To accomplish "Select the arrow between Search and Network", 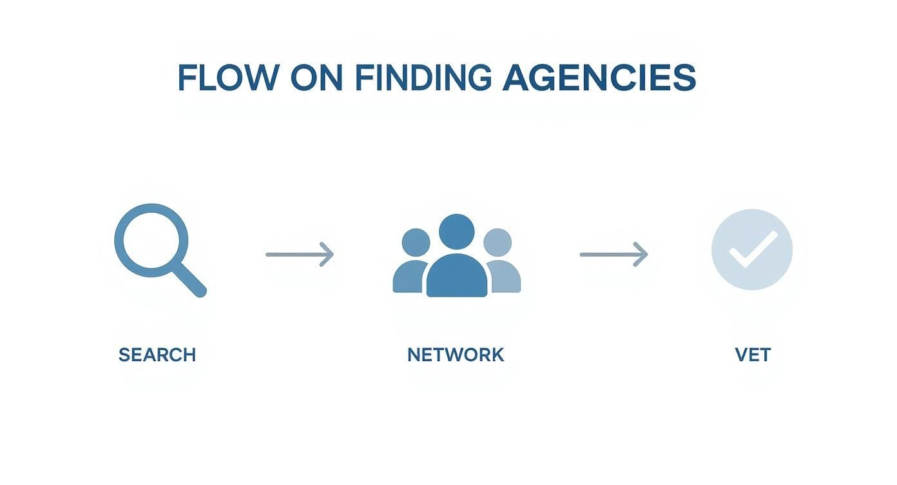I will pos(300,254).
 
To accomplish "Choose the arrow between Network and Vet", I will pos(613,254).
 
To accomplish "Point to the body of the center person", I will pos(456,277).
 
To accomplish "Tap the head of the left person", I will pos(416,243).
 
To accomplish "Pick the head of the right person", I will pos(497,243).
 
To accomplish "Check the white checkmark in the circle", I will pos(752,250).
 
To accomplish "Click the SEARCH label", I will pos(157,355).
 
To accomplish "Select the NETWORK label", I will pos(456,355).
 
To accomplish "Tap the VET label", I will pos(753,355).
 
